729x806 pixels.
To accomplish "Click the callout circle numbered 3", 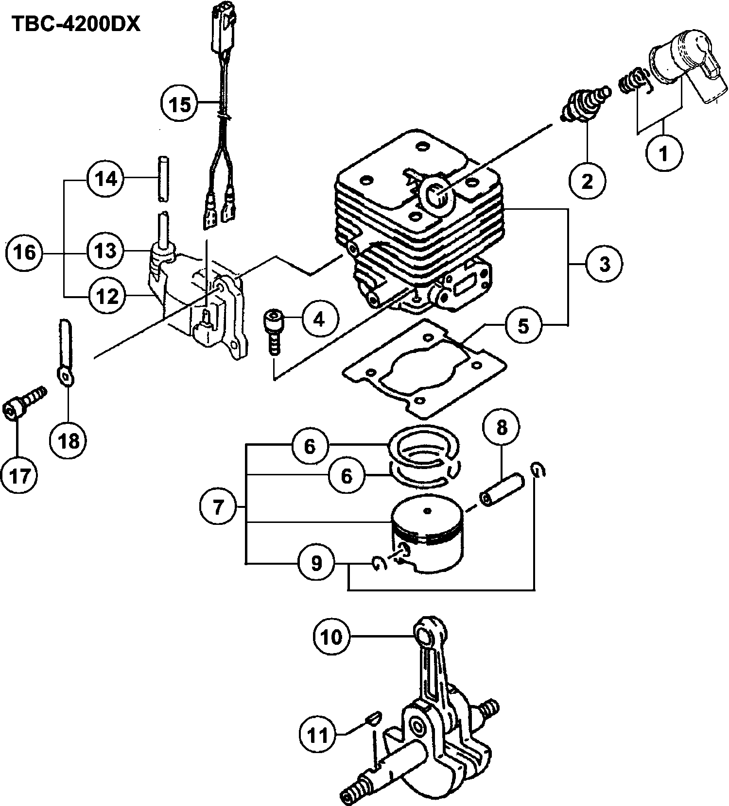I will tap(604, 265).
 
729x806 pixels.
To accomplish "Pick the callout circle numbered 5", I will tap(523, 325).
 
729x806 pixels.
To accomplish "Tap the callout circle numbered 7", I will tap(218, 507).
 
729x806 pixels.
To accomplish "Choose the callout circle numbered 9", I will tap(316, 563).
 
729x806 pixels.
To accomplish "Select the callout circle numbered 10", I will tap(332, 637).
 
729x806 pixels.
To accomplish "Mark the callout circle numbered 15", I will tap(180, 103).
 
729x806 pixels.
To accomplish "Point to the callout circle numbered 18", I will tap(69, 441).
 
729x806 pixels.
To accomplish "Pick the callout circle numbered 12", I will tap(106, 296).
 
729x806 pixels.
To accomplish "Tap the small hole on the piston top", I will tap(427, 510).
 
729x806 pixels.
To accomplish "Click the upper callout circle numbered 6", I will tap(310, 446).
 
